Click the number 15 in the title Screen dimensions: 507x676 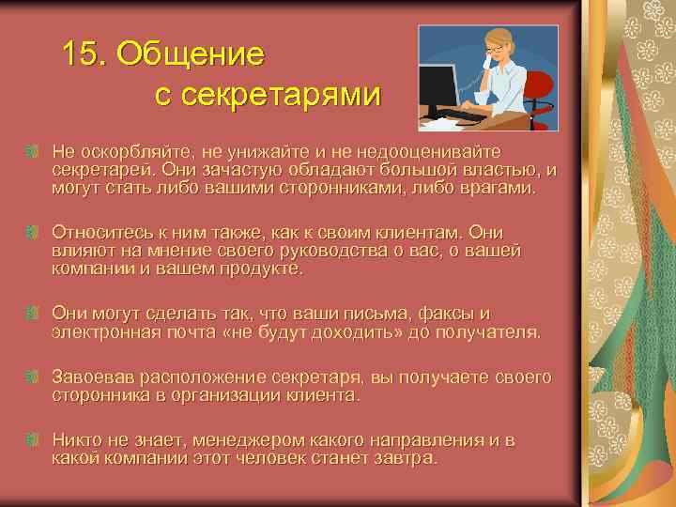click(82, 54)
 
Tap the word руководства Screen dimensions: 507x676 click(322, 250)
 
